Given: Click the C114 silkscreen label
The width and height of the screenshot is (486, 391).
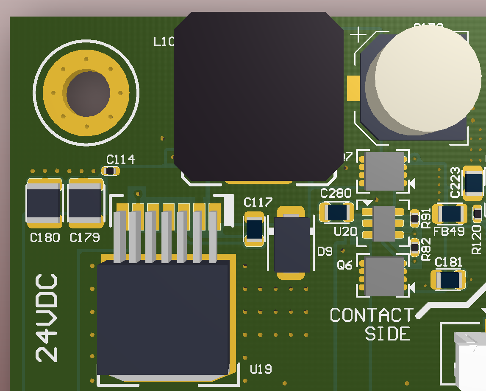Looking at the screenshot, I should (x=120, y=160).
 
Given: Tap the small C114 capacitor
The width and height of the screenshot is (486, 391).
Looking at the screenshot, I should (x=111, y=171).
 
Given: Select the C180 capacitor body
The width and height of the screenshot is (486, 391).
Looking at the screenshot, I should (x=44, y=202).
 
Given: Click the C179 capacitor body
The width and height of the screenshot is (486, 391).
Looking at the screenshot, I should (x=86, y=202).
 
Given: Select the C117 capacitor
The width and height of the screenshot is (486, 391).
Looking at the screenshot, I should (x=254, y=229).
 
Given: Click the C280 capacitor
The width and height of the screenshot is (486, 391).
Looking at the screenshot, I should (x=337, y=212).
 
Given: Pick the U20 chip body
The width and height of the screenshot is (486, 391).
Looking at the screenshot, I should (x=385, y=223).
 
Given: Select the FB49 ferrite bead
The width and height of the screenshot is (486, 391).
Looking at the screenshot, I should (x=450, y=214).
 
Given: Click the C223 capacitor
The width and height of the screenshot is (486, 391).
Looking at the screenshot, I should (x=473, y=183).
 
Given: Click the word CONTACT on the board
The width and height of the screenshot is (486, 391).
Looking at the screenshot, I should (x=371, y=315).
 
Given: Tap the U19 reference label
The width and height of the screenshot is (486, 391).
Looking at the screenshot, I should (x=261, y=370).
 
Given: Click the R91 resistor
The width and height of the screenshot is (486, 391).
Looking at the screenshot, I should (x=415, y=219).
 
